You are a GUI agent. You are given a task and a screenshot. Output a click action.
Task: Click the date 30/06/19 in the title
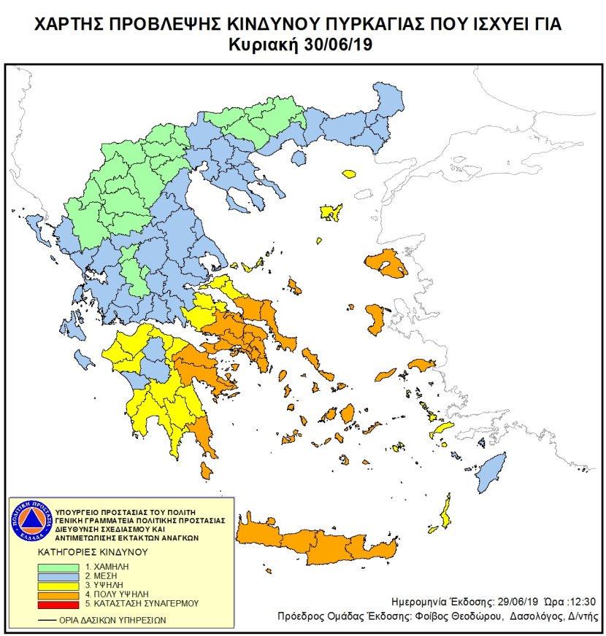pyautogui.click(x=348, y=45)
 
